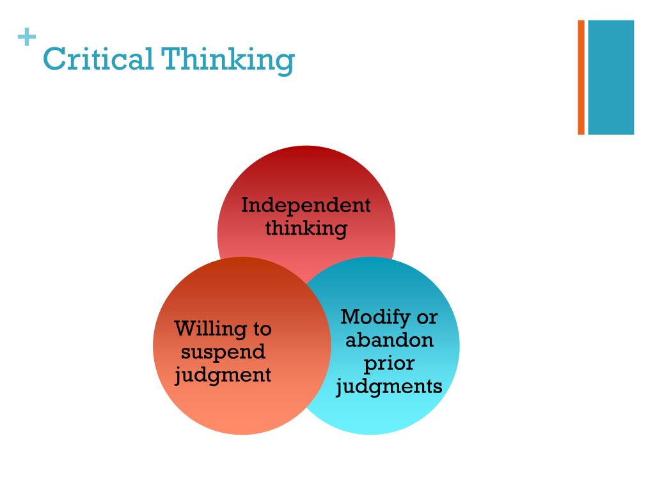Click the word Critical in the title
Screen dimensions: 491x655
click(97, 60)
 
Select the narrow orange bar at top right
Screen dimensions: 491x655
click(581, 77)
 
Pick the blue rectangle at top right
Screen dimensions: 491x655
click(611, 77)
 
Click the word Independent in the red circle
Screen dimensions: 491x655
click(306, 206)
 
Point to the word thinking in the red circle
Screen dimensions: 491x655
click(306, 228)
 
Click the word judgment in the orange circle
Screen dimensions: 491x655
click(223, 375)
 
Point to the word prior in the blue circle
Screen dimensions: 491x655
click(389, 363)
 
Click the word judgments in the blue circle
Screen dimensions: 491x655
click(389, 386)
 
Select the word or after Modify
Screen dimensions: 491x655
click(427, 317)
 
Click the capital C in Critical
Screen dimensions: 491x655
click(52, 61)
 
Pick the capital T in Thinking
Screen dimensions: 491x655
click(171, 61)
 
